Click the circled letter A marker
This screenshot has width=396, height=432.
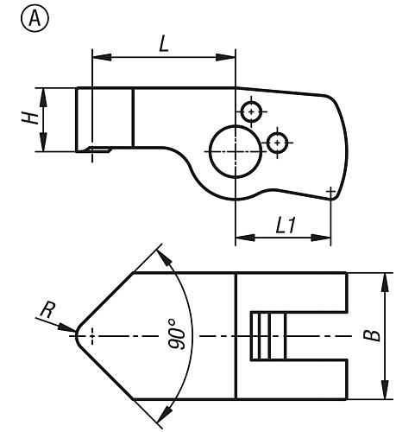pyautogui.click(x=35, y=18)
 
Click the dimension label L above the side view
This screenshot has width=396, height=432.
pyautogui.click(x=164, y=45)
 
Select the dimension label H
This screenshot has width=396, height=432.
pyautogui.click(x=30, y=118)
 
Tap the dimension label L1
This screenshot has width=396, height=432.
pyautogui.click(x=286, y=226)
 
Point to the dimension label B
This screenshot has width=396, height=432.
pyautogui.click(x=372, y=335)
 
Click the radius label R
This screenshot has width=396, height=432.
pyautogui.click(x=47, y=310)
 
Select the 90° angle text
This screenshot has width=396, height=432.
pyautogui.click(x=176, y=334)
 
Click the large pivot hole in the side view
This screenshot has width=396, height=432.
pyautogui.click(x=236, y=151)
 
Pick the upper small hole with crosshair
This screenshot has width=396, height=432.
pyautogui.click(x=251, y=111)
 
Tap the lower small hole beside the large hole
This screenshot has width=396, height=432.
pyautogui.click(x=277, y=143)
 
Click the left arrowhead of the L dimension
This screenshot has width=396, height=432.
pyautogui.click(x=102, y=57)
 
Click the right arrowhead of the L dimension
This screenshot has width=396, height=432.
pyautogui.click(x=226, y=57)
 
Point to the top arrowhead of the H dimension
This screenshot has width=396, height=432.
pyautogui.click(x=43, y=98)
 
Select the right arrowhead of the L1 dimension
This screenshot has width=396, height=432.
pyautogui.click(x=321, y=238)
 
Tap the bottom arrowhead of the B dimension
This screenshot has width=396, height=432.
pyautogui.click(x=385, y=390)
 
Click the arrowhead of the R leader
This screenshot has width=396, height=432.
pyautogui.click(x=67, y=328)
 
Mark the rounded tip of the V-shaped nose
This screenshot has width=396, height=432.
pyautogui.click(x=77, y=336)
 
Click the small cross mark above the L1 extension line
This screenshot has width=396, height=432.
pyautogui.click(x=330, y=191)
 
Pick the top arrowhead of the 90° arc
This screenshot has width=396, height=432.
pyautogui.click(x=164, y=257)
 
